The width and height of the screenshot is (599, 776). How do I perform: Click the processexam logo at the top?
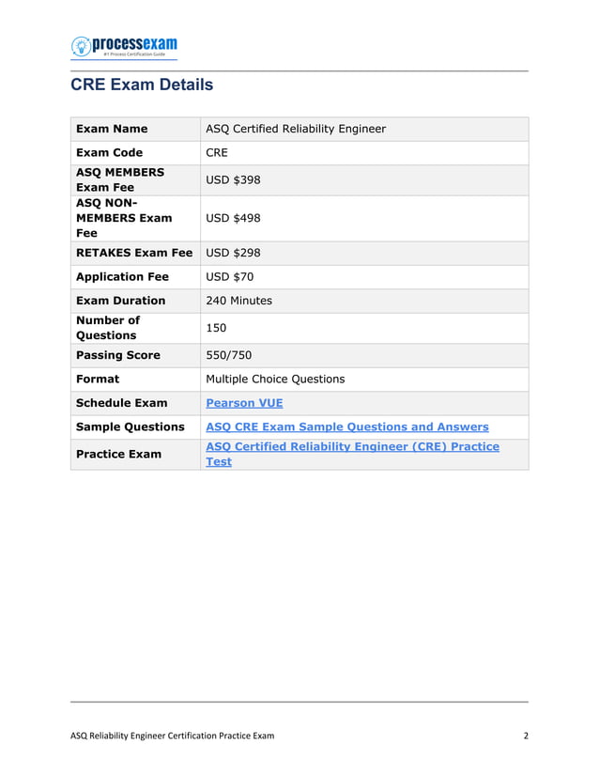pos(124,47)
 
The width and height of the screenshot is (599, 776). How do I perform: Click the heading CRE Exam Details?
pos(142,85)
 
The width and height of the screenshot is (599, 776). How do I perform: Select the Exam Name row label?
pos(112,129)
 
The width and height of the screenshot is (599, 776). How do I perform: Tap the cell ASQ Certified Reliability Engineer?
pos(296,129)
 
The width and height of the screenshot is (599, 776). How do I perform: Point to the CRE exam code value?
pos(217,152)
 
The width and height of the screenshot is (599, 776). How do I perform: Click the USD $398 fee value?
pos(233,179)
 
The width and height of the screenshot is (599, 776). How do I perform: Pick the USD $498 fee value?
pos(233,218)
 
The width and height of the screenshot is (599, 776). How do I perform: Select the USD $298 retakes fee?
pos(233,253)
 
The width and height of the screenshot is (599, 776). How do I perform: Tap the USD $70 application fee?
pos(229,277)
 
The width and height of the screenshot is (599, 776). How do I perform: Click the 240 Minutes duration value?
pos(238,301)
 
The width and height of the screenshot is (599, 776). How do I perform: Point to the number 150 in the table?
pos(217,328)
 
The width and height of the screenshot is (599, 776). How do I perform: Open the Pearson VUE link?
pos(244,403)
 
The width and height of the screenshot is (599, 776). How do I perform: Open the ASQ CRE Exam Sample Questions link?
pos(346,427)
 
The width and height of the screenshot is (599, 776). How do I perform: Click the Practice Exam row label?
pos(118,454)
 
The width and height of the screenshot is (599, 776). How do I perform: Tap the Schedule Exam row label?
pos(122,403)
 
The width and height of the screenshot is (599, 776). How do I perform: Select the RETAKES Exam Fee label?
pos(134,253)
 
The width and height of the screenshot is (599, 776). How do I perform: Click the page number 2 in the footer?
pos(526,736)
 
